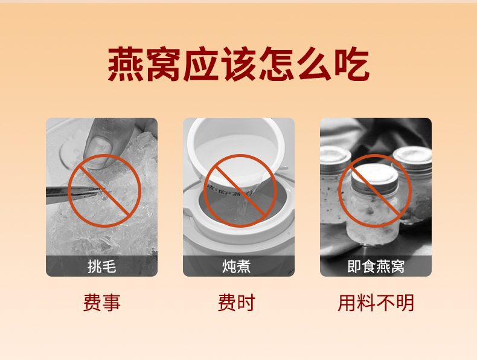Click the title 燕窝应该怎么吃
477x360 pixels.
(x=238, y=64)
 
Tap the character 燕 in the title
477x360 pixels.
(x=126, y=64)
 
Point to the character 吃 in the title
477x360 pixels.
(x=352, y=64)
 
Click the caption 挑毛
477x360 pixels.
(x=102, y=266)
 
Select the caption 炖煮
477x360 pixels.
(x=236, y=266)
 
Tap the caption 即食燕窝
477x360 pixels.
(x=376, y=266)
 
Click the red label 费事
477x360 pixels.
(x=102, y=303)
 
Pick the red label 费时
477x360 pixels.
(x=236, y=303)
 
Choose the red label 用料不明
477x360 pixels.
(x=376, y=303)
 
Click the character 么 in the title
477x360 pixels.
(x=314, y=64)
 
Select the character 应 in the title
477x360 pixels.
(x=201, y=64)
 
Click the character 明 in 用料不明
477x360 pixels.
(x=405, y=303)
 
